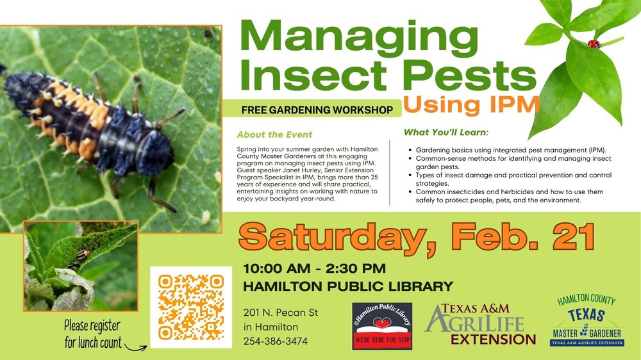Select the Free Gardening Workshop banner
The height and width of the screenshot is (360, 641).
click(317, 110)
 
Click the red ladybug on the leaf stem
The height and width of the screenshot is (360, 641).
click(594, 44)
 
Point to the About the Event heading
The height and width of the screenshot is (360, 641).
click(274, 135)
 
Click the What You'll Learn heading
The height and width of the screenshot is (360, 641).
click(446, 133)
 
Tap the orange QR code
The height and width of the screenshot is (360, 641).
click(190, 307)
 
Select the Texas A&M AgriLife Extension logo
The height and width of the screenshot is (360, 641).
click(481, 324)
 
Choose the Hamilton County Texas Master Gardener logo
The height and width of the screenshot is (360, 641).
click(588, 320)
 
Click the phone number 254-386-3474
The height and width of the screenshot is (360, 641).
click(276, 341)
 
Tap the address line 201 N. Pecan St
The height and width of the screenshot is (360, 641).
click(281, 313)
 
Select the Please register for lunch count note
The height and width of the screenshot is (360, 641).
click(93, 334)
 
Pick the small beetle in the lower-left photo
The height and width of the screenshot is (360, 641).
click(81, 257)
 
